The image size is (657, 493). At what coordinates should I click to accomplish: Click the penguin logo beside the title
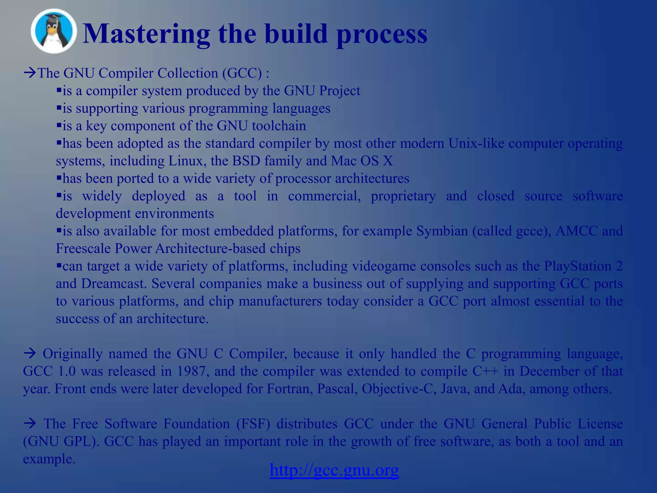54,31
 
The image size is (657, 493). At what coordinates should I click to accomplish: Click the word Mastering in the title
146,34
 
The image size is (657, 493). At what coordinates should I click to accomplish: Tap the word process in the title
381,35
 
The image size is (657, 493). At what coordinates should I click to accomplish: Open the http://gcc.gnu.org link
334,470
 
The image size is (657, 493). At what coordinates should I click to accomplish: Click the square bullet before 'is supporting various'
59,108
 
